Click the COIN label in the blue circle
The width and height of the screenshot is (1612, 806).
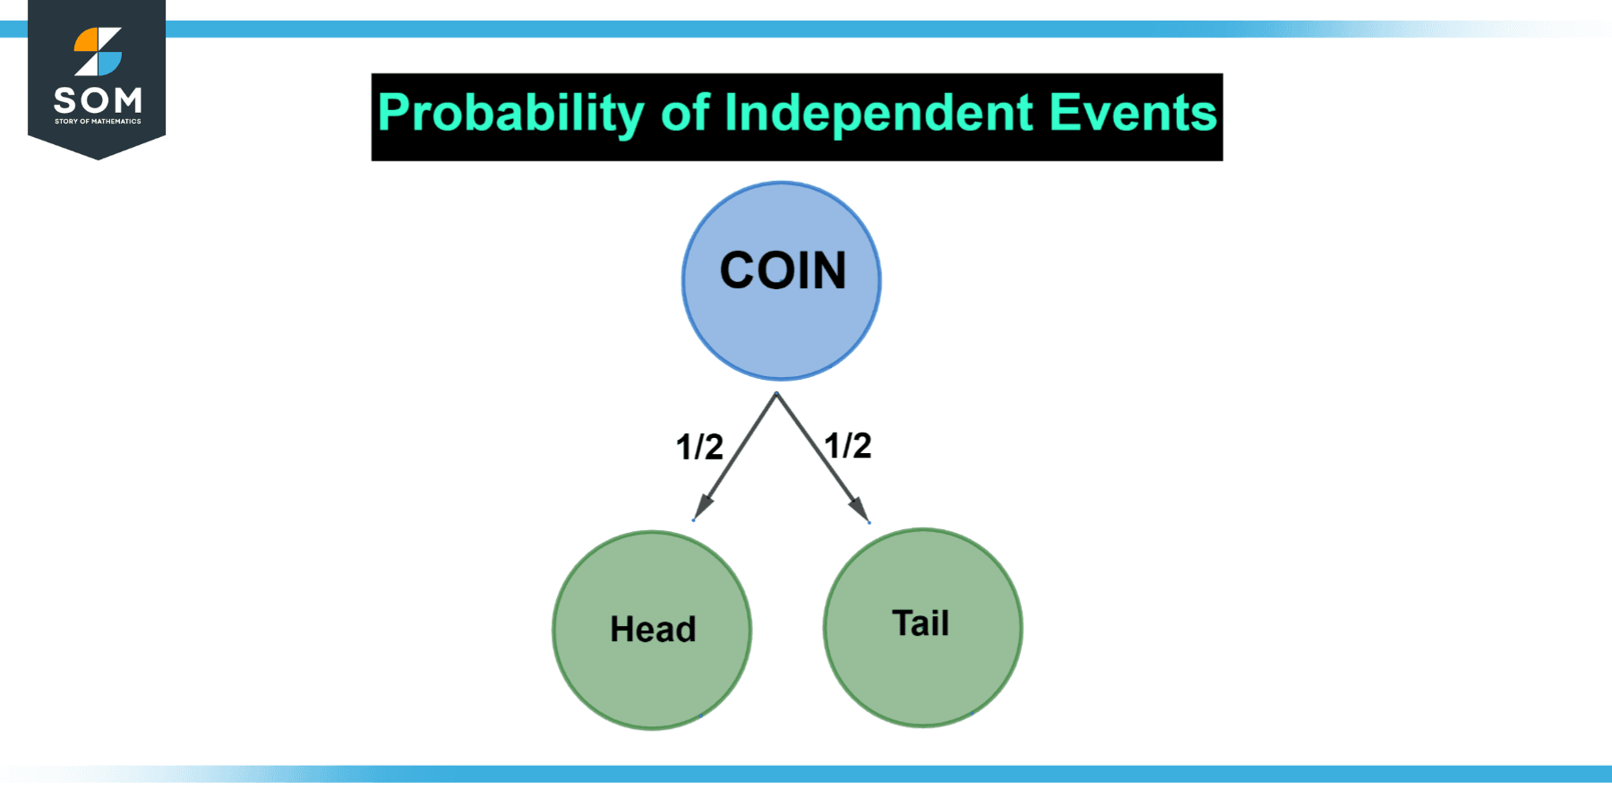coord(783,270)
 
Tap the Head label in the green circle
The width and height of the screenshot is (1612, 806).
coord(653,630)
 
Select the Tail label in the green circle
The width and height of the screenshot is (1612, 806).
coord(921,623)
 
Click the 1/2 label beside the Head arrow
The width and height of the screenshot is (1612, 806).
coord(699,447)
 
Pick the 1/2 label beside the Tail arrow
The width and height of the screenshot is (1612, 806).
coord(847,445)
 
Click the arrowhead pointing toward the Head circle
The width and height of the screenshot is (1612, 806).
coord(702,507)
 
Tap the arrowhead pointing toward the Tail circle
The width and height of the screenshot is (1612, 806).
coord(861,510)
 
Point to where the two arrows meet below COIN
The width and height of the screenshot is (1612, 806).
coord(776,393)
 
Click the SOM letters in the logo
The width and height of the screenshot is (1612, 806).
coord(97,99)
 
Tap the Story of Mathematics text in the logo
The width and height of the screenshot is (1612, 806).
coord(97,121)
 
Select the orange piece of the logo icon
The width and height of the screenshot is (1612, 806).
coord(88,39)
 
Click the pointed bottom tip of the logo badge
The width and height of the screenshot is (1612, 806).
coord(97,158)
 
